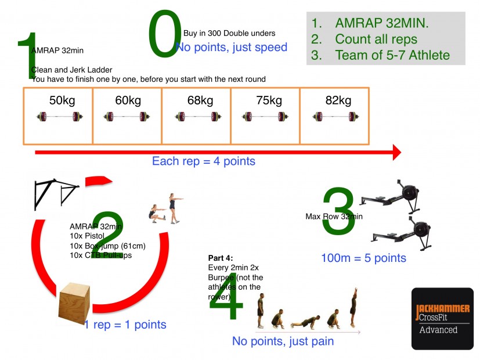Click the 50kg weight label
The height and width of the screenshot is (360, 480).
pos(62,100)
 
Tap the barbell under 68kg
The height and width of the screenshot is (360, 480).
pos(196,117)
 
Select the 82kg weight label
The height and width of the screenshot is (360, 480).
pos(338,100)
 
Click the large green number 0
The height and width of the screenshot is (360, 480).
pos(165,35)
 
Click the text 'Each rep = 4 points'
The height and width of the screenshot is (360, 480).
pos(203,161)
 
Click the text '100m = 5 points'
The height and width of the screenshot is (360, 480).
pos(363,257)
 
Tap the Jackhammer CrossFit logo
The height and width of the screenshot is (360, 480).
pos(442,318)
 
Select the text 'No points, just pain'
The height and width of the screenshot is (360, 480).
pos(283,341)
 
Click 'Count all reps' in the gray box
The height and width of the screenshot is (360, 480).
pos(376,39)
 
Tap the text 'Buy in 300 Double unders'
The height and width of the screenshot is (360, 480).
pos(229,33)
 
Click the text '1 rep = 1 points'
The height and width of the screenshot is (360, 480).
pos(125,325)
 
